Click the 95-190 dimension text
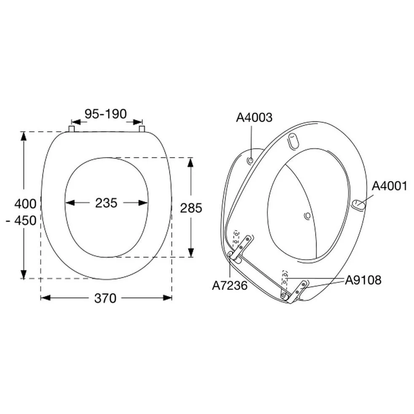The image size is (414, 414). point(106,114)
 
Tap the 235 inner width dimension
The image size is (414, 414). point(106,203)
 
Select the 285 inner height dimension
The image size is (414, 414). point(191,208)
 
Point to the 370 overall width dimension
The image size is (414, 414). point(105,298)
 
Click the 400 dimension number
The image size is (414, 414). point(25,204)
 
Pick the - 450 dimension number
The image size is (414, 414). point(21,220)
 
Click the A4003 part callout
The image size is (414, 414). point(254,118)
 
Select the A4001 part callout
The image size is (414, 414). point(390,186)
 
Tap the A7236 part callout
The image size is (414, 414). point(230,285)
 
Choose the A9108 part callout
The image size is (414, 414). point(363,280)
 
